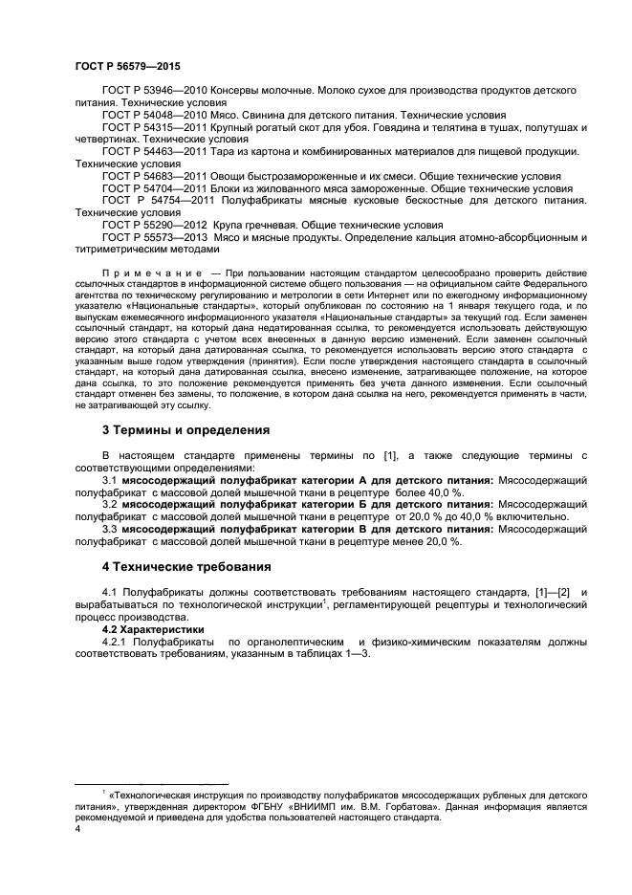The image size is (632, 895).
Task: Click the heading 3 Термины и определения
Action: click(186, 429)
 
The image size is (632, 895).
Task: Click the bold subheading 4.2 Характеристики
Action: click(153, 631)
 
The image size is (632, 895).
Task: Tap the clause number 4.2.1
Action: click(115, 644)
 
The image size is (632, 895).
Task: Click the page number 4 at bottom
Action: click(77, 831)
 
